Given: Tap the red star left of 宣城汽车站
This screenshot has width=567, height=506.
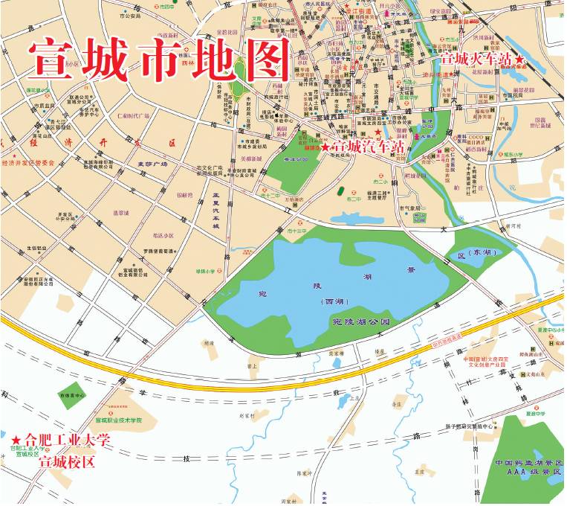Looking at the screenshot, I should [x=325, y=148].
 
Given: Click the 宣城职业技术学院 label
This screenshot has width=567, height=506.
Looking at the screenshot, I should [x=138, y=422].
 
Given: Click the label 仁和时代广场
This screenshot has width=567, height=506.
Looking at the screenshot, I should [x=133, y=116].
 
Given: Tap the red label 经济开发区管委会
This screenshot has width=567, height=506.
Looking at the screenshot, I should [x=29, y=163].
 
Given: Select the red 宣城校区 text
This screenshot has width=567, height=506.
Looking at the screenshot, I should [x=67, y=462].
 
